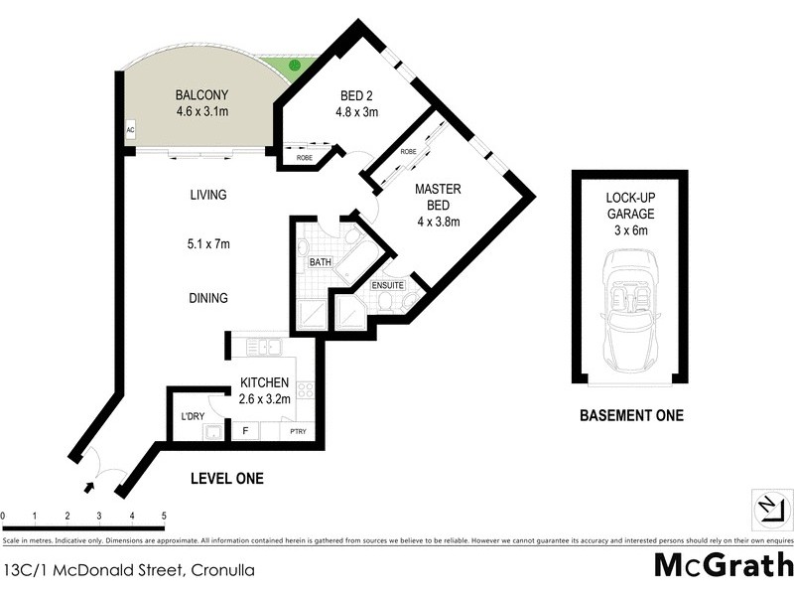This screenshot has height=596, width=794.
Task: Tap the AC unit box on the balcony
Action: [130, 130]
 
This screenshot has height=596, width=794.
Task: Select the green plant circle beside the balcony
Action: [294, 66]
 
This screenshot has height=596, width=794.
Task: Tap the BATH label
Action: [320, 262]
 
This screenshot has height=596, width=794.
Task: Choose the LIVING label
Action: [208, 195]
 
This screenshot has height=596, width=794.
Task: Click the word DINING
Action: [207, 298]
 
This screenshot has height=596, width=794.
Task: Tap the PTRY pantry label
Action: [297, 432]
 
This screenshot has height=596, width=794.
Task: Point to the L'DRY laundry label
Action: [192, 415]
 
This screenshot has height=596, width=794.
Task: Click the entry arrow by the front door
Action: [90, 487]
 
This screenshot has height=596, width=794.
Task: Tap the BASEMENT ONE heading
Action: [631, 415]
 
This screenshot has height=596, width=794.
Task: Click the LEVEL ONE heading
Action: [226, 479]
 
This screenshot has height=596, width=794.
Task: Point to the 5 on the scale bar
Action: [163, 517]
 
